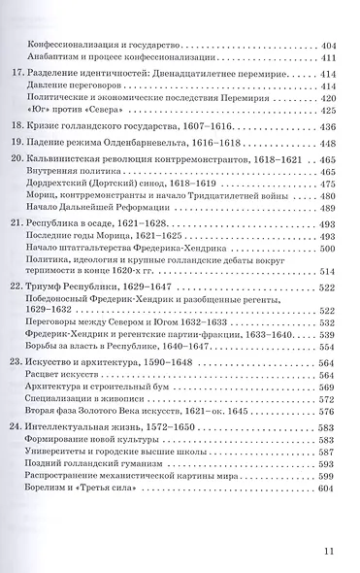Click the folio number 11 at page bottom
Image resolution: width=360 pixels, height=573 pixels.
[328, 552]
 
